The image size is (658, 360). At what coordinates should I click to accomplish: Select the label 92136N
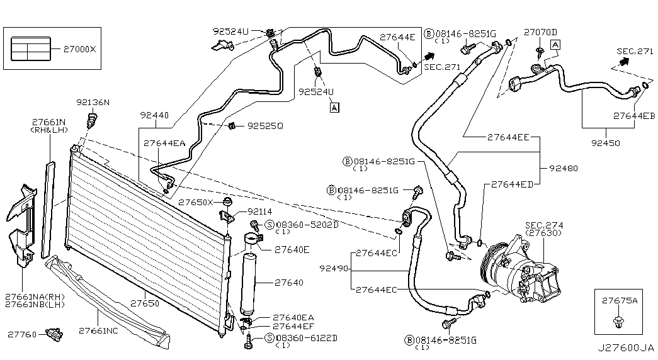93,102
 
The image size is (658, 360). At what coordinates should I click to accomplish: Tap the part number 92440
154,116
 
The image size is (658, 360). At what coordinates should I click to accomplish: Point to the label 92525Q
264,126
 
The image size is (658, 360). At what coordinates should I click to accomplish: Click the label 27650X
196,202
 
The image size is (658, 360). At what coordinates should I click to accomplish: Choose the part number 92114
259,211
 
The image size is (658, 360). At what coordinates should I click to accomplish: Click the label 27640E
292,249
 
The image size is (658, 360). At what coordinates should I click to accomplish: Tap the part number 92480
564,169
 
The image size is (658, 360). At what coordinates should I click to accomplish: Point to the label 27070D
541,31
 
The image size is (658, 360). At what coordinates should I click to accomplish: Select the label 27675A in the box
619,301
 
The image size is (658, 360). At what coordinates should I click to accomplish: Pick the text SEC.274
544,225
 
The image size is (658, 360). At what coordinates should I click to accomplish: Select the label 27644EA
164,143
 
